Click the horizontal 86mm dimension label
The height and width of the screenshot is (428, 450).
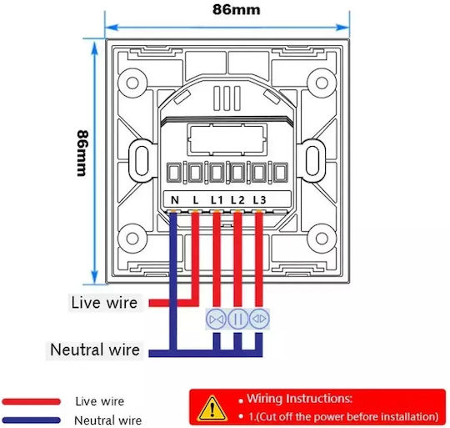(x=236, y=9)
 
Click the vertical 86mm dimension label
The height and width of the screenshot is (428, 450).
(x=82, y=154)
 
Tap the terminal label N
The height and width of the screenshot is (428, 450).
(x=175, y=200)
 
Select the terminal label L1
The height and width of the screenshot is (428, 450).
(x=217, y=200)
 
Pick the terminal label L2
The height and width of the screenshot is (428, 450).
(x=237, y=200)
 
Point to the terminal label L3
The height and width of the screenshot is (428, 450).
(x=259, y=200)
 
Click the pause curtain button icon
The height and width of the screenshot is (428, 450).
(x=237, y=319)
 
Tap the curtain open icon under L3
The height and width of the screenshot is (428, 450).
(x=259, y=319)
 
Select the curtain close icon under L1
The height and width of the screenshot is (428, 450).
(x=217, y=319)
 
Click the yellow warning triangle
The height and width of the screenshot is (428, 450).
(x=212, y=408)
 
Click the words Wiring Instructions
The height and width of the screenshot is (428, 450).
(x=299, y=399)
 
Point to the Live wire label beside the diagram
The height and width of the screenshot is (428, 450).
(x=104, y=303)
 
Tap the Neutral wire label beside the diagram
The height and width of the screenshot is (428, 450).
(x=95, y=350)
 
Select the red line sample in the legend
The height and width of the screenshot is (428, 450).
(x=32, y=401)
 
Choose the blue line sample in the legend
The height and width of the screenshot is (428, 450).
(x=32, y=420)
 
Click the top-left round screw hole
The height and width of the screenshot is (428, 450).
(x=132, y=83)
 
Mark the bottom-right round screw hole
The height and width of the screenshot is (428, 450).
(x=322, y=239)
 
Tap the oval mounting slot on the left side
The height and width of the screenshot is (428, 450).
(x=142, y=160)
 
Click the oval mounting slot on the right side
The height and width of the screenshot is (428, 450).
(x=312, y=160)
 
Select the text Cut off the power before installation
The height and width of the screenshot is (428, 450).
(x=347, y=416)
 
